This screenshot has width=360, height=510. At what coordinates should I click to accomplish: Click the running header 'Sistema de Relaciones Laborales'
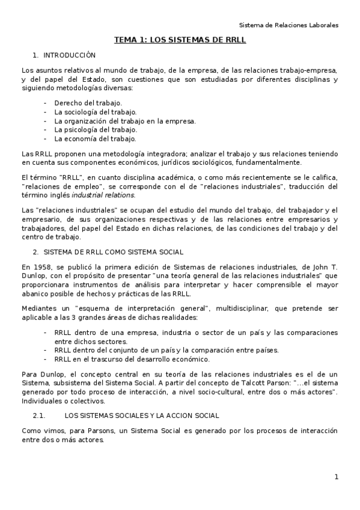(288, 25)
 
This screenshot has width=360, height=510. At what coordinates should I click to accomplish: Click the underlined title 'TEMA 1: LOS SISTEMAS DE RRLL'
(180, 41)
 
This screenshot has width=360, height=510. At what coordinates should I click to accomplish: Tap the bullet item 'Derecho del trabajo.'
(88, 103)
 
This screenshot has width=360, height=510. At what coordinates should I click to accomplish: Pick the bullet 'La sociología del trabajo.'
(95, 112)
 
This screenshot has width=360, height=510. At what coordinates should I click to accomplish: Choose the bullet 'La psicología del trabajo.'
(95, 129)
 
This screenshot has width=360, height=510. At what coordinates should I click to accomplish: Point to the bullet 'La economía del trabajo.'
(94, 138)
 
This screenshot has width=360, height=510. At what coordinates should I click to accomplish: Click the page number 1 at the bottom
(337, 477)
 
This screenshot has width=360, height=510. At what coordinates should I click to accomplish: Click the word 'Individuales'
(42, 401)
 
